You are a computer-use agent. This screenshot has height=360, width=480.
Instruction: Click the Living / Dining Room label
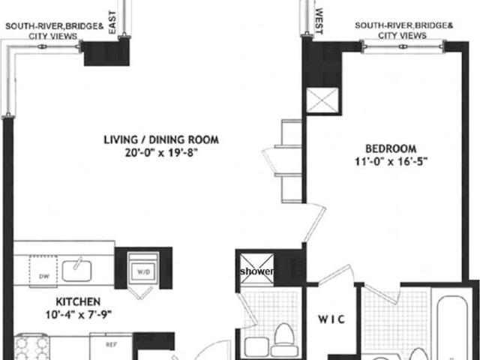click(161, 140)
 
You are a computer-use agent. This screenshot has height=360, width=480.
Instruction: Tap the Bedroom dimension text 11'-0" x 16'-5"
click(391, 161)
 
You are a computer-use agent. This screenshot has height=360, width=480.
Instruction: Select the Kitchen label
click(78, 301)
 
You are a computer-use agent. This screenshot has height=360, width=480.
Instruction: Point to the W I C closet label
click(331, 319)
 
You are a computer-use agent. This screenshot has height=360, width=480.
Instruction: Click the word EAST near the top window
click(112, 22)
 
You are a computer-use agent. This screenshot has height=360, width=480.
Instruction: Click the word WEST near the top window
click(319, 21)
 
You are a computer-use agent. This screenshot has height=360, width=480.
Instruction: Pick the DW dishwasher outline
click(43, 271)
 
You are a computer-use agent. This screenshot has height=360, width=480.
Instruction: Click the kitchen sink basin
click(76, 271)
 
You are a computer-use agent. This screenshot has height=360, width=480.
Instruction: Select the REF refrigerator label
click(111, 345)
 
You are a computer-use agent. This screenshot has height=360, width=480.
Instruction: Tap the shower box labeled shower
click(256, 268)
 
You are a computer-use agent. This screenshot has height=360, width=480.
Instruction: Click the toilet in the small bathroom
click(283, 340)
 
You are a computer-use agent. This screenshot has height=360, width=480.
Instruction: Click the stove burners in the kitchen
click(31, 347)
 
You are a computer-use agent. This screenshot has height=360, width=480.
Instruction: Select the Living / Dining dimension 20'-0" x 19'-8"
click(159, 152)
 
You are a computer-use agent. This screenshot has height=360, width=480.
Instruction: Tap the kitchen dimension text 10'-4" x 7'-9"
click(78, 314)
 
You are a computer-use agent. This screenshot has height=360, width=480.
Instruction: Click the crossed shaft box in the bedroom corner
click(322, 100)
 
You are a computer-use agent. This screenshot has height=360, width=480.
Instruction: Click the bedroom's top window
click(403, 46)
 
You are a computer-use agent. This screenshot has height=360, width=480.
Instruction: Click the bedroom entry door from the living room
click(315, 223)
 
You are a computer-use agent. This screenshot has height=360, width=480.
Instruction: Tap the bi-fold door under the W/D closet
click(140, 292)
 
